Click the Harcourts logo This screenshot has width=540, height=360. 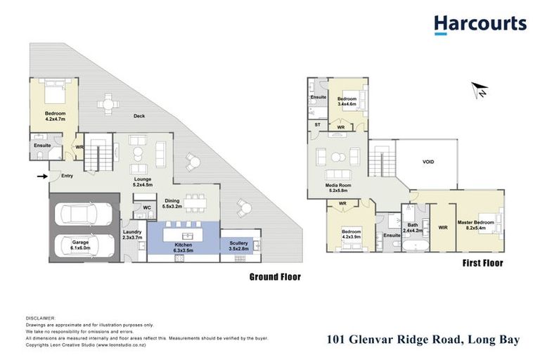pos(480,24)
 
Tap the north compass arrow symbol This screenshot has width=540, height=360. pos(480,90)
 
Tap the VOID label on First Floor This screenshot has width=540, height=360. pos(427,161)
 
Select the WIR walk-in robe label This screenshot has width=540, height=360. pos(442,227)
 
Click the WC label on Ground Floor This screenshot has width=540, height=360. pos(147,208)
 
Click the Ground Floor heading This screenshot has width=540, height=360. pos(275,276)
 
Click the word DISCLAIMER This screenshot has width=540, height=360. pos(39,319)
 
